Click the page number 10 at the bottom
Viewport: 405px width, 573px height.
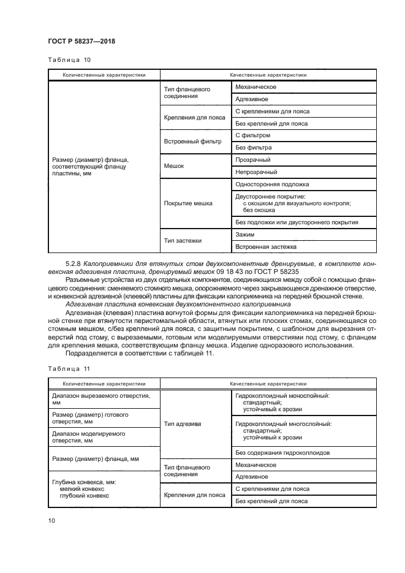point(51,520)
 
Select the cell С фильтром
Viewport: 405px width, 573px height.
point(252,135)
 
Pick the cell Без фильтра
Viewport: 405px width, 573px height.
point(254,148)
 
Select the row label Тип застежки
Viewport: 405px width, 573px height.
point(183,240)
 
